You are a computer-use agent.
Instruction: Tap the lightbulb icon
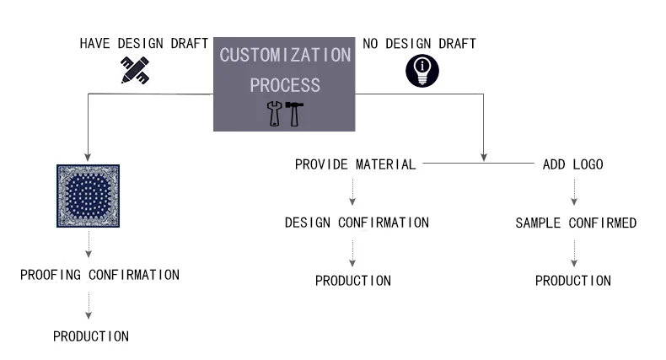(x=422, y=71)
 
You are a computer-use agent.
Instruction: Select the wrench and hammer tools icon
(x=284, y=113)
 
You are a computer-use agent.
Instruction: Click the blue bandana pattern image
(x=88, y=196)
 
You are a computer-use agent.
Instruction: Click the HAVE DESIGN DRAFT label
(x=143, y=43)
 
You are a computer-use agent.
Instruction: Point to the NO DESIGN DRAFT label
(x=419, y=43)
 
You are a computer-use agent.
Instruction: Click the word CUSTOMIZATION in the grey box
(x=284, y=56)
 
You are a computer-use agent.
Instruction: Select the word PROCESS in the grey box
(x=284, y=85)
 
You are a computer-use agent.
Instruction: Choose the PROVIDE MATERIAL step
(x=355, y=165)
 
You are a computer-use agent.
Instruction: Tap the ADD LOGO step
(x=572, y=165)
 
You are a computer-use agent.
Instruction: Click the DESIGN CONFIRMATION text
(x=356, y=223)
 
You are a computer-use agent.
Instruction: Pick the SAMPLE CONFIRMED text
(x=576, y=224)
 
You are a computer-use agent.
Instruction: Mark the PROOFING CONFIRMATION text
(x=99, y=275)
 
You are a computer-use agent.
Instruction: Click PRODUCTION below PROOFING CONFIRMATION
(x=90, y=336)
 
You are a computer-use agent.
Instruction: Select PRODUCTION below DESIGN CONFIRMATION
(x=353, y=281)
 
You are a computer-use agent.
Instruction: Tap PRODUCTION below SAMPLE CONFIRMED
(x=573, y=281)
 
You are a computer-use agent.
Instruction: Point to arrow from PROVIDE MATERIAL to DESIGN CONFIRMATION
(x=353, y=193)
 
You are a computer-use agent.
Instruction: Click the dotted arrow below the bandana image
(x=88, y=245)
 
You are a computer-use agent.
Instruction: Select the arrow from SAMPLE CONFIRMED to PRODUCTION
(x=574, y=251)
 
